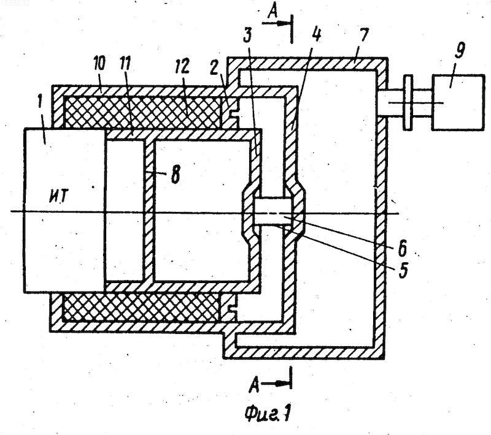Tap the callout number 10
(x=99, y=64)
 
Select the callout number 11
(x=125, y=64)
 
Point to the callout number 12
(x=182, y=66)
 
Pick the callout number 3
(x=247, y=35)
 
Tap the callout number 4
(x=317, y=34)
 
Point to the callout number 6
(x=402, y=248)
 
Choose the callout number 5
(x=403, y=270)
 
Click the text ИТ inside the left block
(x=58, y=196)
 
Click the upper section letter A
(x=273, y=13)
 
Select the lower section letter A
(x=254, y=384)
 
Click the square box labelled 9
(x=458, y=102)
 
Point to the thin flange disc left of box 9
(x=408, y=102)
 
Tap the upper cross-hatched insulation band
(x=142, y=112)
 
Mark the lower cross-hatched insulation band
(x=141, y=307)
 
